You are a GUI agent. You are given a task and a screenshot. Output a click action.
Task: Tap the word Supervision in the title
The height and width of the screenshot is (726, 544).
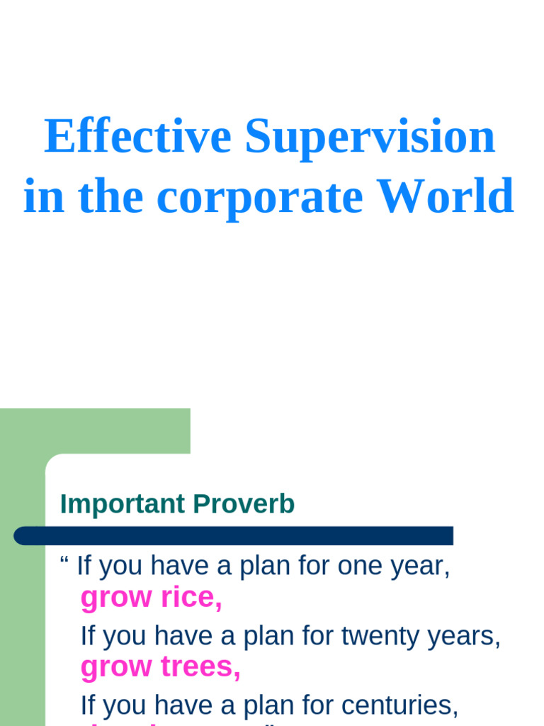pyautogui.click(x=370, y=136)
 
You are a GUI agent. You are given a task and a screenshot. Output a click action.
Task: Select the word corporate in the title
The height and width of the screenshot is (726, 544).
pyautogui.click(x=259, y=196)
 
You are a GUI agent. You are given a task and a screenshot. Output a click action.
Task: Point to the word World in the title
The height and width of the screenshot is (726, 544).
pyautogui.click(x=445, y=196)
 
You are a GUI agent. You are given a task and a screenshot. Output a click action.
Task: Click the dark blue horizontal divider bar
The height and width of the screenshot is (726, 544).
pyautogui.click(x=234, y=536)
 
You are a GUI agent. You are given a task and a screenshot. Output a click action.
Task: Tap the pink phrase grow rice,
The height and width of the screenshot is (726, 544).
pyautogui.click(x=152, y=598)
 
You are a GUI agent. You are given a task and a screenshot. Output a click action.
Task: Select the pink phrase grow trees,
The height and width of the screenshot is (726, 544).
pyautogui.click(x=161, y=667)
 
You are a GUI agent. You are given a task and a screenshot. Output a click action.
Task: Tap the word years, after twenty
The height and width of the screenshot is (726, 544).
pyautogui.click(x=469, y=636)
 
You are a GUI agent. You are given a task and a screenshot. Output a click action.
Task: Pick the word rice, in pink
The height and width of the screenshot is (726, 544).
pyautogui.click(x=191, y=598)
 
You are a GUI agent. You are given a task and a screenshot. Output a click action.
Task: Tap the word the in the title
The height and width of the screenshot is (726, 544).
pyautogui.click(x=110, y=196)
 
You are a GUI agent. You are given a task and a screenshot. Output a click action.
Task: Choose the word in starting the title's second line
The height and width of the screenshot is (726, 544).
pyautogui.click(x=44, y=196)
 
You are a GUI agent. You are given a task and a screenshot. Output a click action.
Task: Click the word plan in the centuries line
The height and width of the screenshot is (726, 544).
pyautogui.click(x=263, y=705)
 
